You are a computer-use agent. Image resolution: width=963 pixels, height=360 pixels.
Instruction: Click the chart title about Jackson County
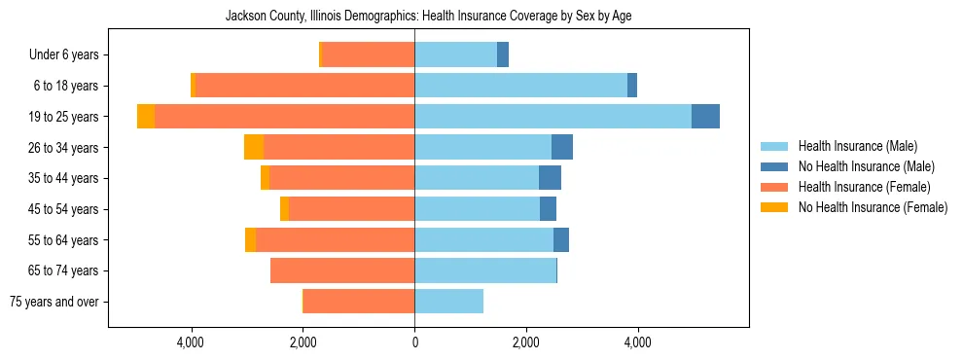coord(428,17)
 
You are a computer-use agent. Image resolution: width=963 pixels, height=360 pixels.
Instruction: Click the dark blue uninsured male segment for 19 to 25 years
coord(705,117)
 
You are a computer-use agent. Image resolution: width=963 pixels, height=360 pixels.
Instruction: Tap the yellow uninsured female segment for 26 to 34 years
coord(254,147)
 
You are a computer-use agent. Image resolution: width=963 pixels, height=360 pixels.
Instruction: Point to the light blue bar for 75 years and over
coord(448,302)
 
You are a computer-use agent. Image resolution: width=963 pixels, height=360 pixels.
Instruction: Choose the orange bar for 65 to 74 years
coord(342,270)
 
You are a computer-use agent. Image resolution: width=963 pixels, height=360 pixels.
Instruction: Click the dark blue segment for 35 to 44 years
coord(550,178)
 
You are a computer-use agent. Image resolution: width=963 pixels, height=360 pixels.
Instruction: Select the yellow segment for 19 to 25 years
coord(146,117)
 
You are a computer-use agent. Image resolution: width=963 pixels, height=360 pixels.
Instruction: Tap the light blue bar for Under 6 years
coord(455,54)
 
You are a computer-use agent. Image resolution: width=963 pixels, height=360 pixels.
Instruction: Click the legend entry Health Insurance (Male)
coord(857,146)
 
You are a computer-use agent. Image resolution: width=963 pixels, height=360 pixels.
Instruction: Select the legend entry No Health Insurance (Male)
coord(866,166)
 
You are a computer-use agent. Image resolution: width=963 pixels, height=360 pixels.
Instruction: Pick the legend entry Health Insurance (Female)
coord(864,187)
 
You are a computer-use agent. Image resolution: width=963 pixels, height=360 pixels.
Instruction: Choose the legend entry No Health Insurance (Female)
coord(873,207)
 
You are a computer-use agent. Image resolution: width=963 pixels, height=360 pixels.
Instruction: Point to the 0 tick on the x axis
coord(414,342)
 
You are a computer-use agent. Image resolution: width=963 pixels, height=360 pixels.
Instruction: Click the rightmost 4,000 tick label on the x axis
coord(637,342)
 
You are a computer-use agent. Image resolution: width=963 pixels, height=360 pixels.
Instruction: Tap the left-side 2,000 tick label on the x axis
coord(303,342)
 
